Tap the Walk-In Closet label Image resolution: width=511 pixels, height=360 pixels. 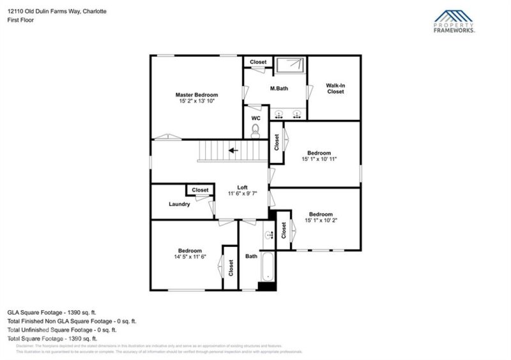pos(335,88)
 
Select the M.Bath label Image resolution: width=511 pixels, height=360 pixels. pos(279,88)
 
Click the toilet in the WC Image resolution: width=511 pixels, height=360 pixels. pos(256,131)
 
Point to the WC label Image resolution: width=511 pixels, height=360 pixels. pos(256,119)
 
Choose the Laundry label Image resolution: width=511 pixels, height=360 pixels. pos(179,204)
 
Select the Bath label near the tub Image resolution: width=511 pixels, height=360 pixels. pos(252,257)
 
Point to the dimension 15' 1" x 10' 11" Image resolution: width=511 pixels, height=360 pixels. pos(319,158)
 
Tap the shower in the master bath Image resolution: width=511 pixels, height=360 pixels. pos(291,66)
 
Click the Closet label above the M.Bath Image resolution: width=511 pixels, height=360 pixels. pos(258,62)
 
